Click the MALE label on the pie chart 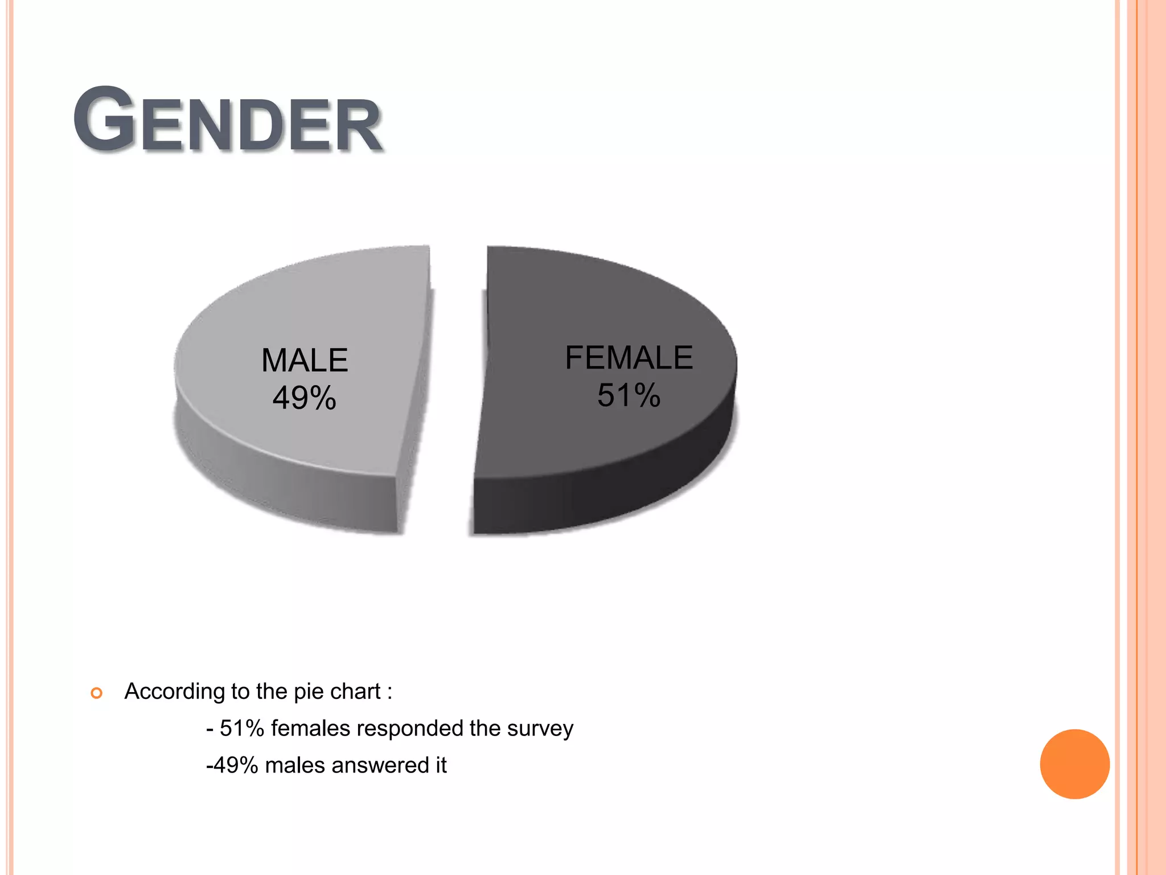pos(305,361)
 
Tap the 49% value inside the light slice pos(304,398)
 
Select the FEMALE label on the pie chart pos(629,358)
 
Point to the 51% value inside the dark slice pos(629,395)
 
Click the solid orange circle pos(1074,764)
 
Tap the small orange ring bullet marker pos(97,693)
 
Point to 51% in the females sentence pos(241,729)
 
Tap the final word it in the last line pos(441,766)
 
